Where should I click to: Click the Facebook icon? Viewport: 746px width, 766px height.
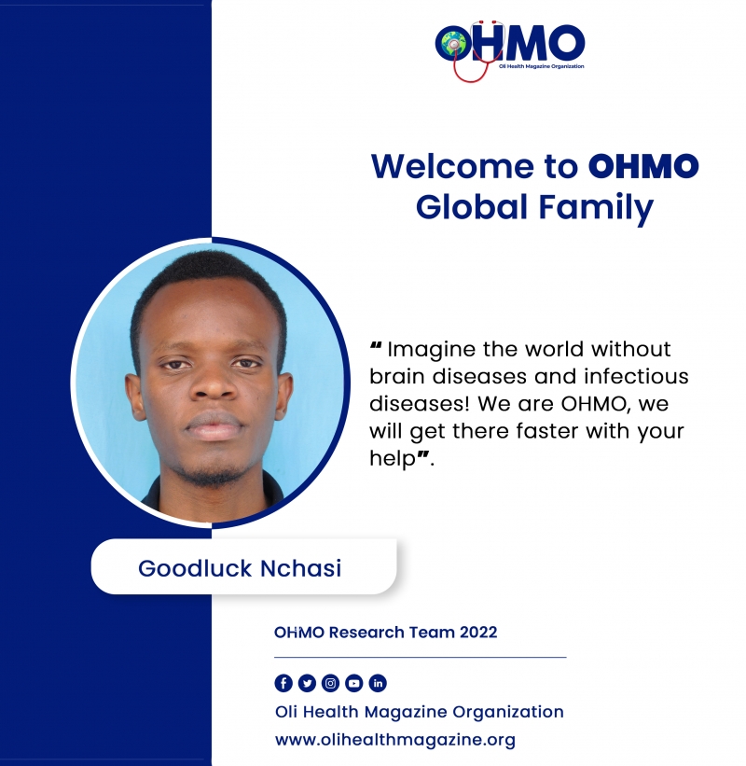coord(283,683)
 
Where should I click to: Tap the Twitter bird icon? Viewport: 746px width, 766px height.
coord(307,683)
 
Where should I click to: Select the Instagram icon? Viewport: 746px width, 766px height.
coord(330,683)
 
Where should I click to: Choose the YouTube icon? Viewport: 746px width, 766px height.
coord(354,683)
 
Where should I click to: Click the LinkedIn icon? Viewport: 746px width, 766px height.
coord(378,683)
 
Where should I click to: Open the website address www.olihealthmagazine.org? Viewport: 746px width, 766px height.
coord(395,740)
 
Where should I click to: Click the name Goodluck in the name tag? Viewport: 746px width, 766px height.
coord(195,568)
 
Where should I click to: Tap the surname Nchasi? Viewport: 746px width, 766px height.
coord(301,568)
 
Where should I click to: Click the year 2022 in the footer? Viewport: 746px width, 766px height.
coord(478,633)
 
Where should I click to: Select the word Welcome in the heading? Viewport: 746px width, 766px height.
coord(453,167)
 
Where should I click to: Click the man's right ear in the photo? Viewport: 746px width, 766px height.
coord(134,397)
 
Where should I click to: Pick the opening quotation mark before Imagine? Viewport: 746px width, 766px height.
coord(376,346)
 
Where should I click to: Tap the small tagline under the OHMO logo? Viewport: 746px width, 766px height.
coord(542,66)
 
